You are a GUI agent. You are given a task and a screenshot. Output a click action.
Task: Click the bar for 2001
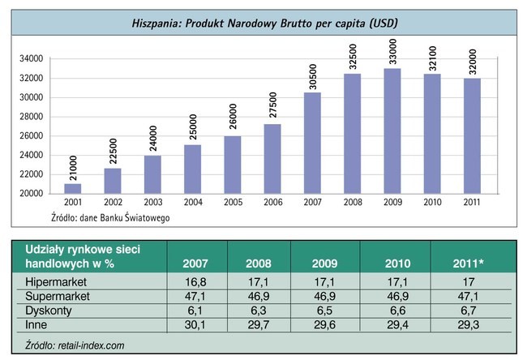73,188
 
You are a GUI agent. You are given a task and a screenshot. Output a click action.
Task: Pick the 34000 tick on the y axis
32,59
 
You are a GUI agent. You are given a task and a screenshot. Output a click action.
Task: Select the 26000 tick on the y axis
32,135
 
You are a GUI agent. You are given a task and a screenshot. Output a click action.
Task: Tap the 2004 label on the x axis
192,203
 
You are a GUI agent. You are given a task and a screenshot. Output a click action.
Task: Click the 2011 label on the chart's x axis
470,203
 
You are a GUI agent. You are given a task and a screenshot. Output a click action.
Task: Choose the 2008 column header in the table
257,264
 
